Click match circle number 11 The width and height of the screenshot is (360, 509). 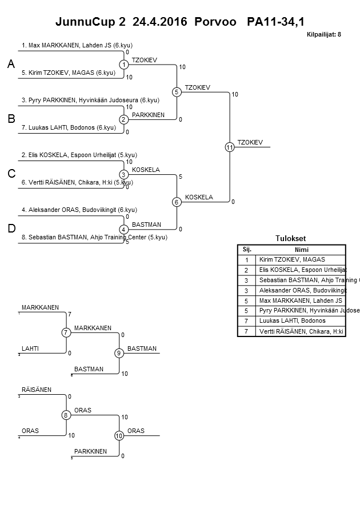tap(230, 147)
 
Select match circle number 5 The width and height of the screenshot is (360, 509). tap(177, 92)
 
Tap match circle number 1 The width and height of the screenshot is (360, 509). tap(124, 65)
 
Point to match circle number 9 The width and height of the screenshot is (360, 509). tap(119, 353)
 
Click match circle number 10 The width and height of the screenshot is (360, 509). tap(119, 436)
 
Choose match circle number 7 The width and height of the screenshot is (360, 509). tap(66, 332)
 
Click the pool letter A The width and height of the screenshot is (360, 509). tap(11, 65)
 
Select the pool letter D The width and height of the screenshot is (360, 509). tap(11, 229)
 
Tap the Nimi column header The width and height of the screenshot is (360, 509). tap(301, 250)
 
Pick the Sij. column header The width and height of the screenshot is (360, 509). tap(247, 250)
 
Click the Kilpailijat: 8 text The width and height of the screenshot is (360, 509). tap(323, 34)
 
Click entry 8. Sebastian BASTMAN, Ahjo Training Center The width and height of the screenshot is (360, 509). tap(94, 237)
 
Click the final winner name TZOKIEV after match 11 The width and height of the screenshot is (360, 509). tap(250, 142)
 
